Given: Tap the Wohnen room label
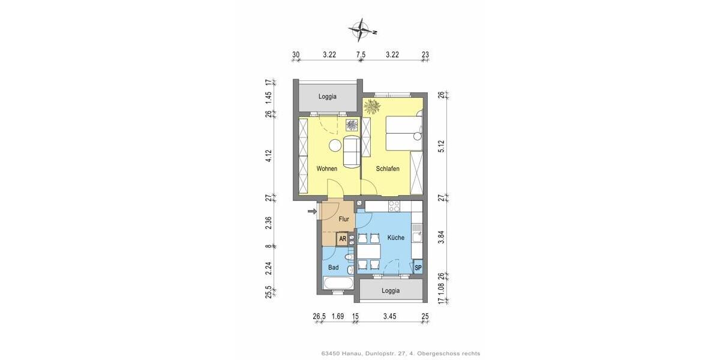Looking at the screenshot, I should click(x=327, y=169).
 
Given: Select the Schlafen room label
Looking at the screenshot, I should click(x=388, y=169).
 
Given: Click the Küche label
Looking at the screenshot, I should click(x=395, y=238).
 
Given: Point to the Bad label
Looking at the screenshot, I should click(x=334, y=268).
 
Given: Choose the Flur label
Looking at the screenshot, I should click(x=344, y=219).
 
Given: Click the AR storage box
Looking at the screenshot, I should click(x=343, y=239).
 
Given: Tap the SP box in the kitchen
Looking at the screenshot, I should click(x=418, y=268).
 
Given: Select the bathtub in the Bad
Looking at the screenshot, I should click(x=338, y=283).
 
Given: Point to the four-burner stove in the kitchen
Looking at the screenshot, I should click(x=395, y=206).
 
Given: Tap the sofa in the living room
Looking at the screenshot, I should click(x=351, y=152).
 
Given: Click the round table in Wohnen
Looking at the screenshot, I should click(x=334, y=144).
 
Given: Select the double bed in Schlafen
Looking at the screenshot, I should click(x=403, y=133).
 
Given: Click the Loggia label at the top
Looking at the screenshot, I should click(x=328, y=96).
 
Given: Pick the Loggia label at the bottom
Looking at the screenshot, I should click(x=391, y=290).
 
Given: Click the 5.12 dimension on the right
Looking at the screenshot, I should click(x=441, y=146).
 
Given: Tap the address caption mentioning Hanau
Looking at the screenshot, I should click(x=401, y=353).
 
